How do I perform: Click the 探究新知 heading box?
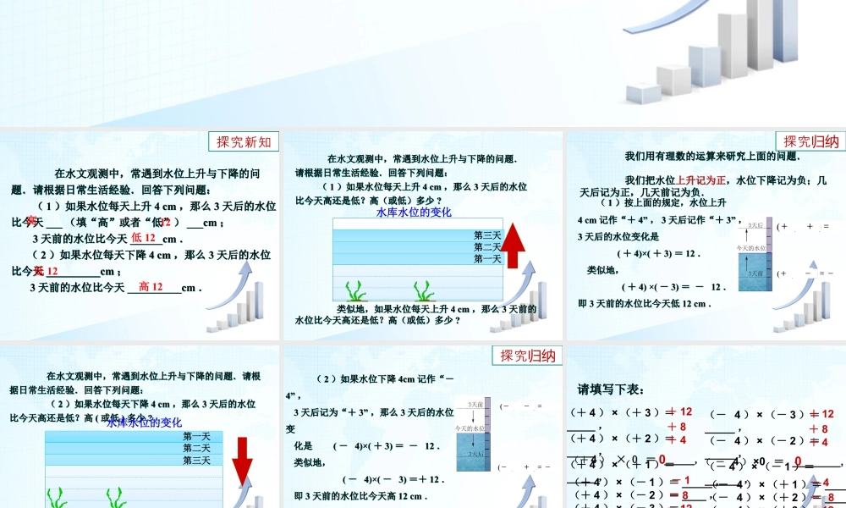pos(244,141)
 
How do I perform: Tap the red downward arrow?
pos(243,458)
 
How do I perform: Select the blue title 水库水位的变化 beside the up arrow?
pos(414,213)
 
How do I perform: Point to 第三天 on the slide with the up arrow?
pos(487,235)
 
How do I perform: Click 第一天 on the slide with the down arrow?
pos(196,437)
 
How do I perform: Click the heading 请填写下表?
pos(611,389)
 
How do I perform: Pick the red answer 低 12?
pos(144,239)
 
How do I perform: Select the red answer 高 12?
pos(151,287)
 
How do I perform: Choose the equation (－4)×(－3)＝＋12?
pos(393,479)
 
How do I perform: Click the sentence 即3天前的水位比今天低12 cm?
pos(645,304)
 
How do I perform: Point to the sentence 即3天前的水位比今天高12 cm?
pos(360,495)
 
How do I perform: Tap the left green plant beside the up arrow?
pos(360,290)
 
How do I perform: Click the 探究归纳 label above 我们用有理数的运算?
pos(810,141)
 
